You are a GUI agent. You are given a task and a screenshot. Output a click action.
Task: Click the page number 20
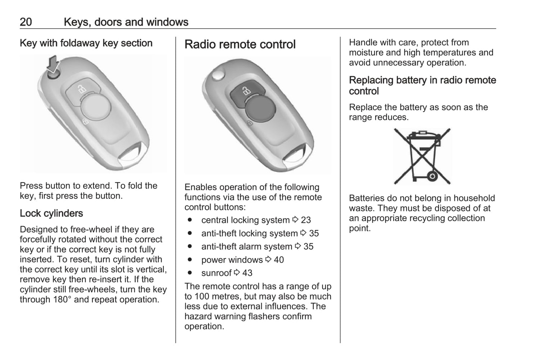(26, 22)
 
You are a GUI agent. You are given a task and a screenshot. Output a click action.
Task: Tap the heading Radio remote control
(240, 44)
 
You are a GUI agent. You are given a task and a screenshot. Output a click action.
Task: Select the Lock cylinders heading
(51, 213)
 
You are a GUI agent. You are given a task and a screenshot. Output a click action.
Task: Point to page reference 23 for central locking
(306, 220)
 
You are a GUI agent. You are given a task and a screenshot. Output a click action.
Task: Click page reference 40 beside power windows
(279, 260)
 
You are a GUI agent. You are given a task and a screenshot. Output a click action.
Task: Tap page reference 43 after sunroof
(247, 273)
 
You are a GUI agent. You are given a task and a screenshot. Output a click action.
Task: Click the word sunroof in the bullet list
(216, 273)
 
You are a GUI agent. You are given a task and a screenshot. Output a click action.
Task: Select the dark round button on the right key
(261, 108)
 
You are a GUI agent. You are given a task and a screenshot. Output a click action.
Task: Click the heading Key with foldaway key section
(86, 43)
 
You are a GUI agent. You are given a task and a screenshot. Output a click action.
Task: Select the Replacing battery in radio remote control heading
(422, 85)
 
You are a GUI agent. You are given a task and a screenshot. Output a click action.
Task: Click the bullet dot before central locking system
(190, 220)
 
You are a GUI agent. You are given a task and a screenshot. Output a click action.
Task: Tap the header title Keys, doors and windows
(126, 22)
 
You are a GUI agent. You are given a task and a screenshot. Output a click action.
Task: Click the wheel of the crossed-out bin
(432, 176)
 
